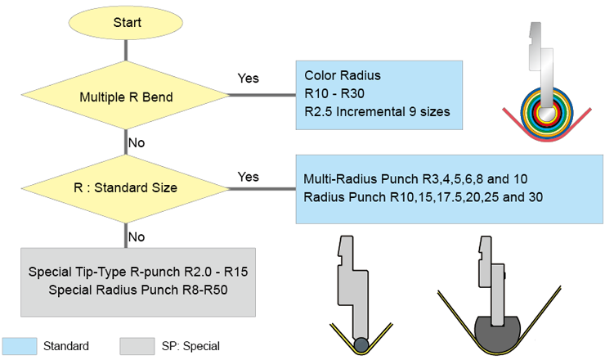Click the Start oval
127,23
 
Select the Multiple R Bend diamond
126,97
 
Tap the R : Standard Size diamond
127,187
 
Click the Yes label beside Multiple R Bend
248,79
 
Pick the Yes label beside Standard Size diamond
248,177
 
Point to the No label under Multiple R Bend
136,142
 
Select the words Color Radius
342,75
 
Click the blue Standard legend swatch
20,346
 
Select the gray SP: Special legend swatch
137,346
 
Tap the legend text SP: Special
193,346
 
